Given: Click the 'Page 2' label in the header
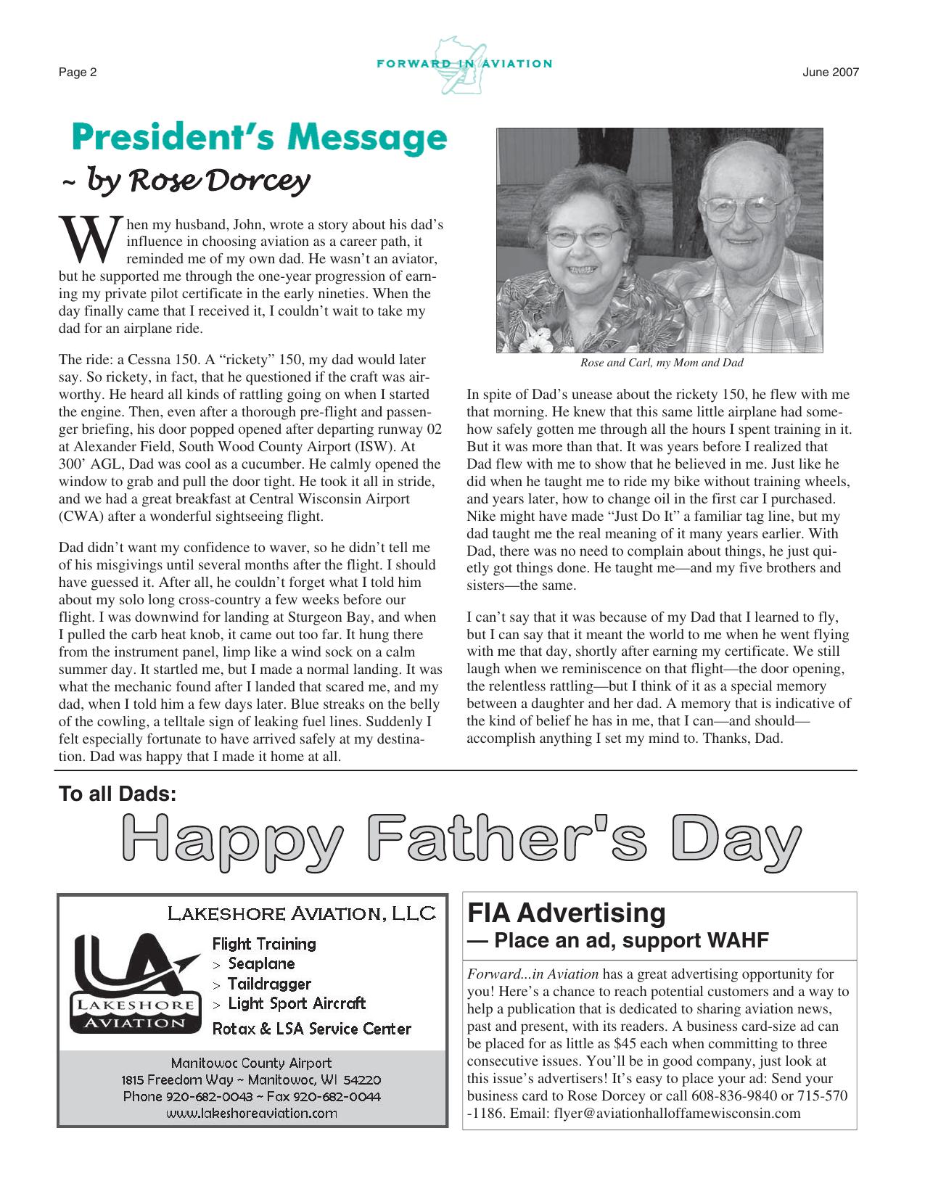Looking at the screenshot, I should coord(78,72).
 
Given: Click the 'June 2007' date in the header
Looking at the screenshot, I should coord(831,72).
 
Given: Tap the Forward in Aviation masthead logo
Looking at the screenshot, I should coord(464,65).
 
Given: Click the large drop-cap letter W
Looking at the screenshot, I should coord(89,241).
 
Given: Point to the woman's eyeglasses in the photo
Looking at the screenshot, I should coord(583,235).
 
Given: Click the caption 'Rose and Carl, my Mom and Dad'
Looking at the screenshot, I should coord(661,363).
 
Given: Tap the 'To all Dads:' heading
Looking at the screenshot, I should coord(118,794).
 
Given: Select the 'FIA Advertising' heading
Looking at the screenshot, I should coord(566,913).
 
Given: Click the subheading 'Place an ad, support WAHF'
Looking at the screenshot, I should coord(630,940).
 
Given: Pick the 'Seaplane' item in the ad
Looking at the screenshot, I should coord(261,964).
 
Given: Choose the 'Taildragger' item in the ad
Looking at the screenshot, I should coord(269,984).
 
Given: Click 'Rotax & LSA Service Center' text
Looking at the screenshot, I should coord(311,1029).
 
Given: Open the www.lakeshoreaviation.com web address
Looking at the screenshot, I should coord(252,1113).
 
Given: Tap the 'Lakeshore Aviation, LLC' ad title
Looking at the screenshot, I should coord(302,913).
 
